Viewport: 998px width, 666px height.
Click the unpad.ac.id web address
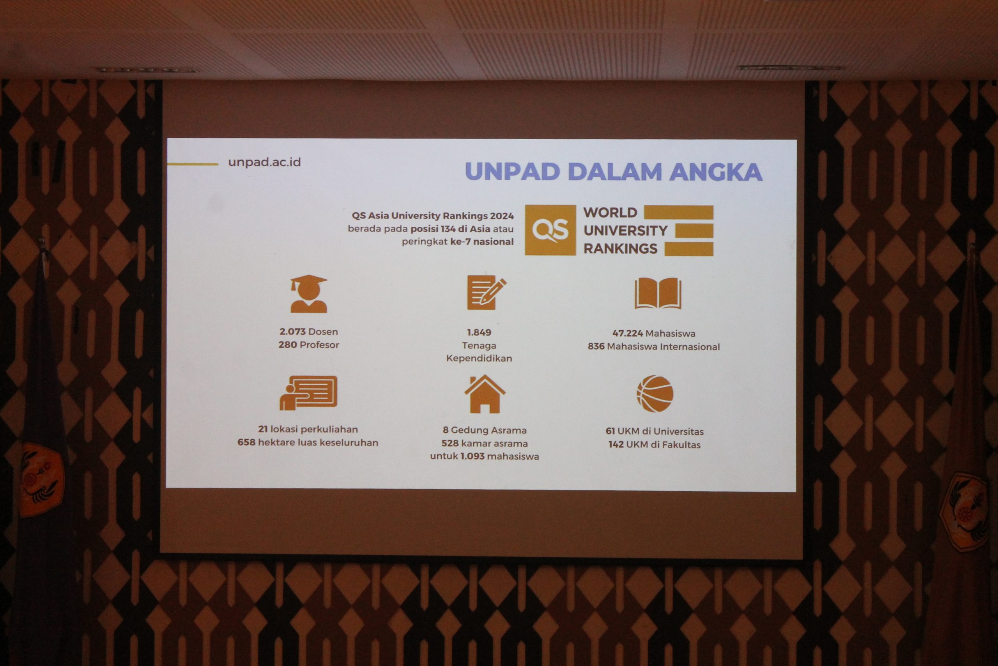(x=264, y=162)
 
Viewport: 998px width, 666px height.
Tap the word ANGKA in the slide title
(x=716, y=172)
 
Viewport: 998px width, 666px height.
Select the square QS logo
(x=550, y=230)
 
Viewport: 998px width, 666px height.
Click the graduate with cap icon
(x=308, y=294)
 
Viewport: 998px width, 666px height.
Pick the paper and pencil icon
(x=486, y=293)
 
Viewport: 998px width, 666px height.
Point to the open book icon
(x=658, y=293)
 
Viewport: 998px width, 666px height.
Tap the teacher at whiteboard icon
(x=308, y=393)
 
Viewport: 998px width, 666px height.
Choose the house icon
(x=485, y=394)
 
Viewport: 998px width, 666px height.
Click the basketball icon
(x=655, y=394)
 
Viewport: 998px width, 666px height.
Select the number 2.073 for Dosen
(x=292, y=332)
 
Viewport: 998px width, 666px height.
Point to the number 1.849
(x=479, y=332)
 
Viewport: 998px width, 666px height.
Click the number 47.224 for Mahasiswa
(x=628, y=334)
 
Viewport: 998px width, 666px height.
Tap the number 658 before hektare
(x=246, y=442)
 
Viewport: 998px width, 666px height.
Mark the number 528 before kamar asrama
(x=450, y=444)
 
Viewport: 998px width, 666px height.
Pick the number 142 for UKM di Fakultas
(x=616, y=445)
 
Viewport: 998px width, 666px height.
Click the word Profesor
(x=319, y=345)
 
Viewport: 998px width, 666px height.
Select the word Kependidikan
(x=479, y=359)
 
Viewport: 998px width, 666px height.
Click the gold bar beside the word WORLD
(x=678, y=212)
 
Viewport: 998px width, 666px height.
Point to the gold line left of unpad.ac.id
(x=193, y=164)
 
